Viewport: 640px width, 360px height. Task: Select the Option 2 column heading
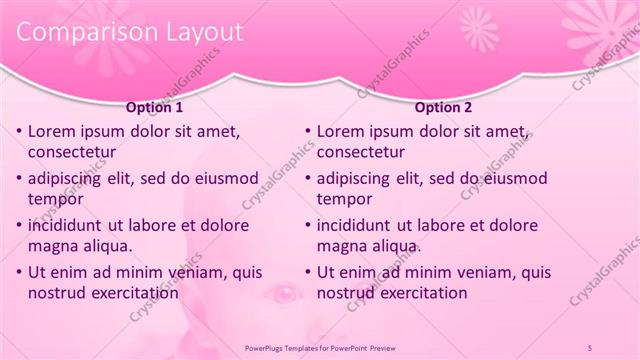pos(443,108)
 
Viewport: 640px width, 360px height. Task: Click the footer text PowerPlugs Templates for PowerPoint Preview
pos(319,346)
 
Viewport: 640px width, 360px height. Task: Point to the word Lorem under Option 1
pos(51,132)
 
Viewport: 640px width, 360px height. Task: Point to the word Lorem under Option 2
pos(340,132)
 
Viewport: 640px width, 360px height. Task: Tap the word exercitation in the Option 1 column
pos(136,293)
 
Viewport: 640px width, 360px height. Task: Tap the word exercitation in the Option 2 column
pos(424,293)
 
